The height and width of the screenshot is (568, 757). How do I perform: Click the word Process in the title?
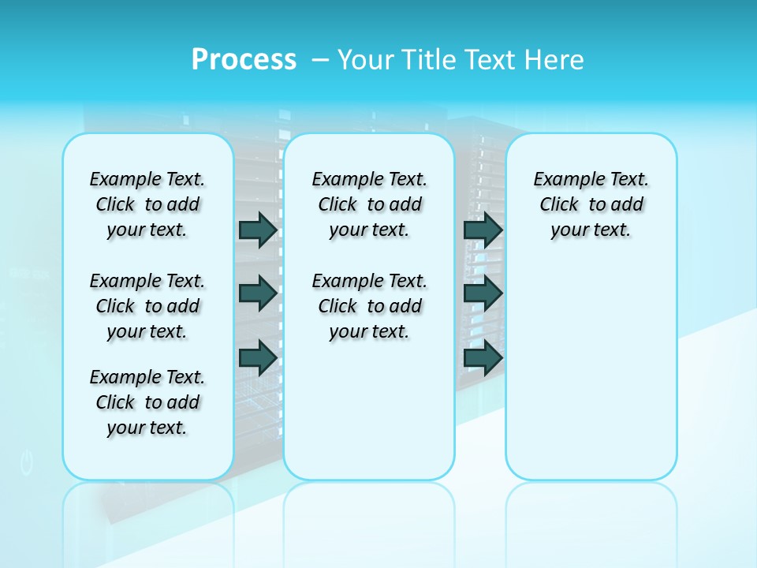244,60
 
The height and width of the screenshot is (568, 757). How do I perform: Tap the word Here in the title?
552,60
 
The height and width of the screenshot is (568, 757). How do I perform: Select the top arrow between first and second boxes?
257,230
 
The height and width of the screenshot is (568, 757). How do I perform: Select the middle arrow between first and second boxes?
257,293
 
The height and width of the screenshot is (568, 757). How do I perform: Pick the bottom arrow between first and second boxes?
257,358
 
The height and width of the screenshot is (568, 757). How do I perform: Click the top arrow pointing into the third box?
483,230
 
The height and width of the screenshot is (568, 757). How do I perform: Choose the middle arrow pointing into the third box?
483,293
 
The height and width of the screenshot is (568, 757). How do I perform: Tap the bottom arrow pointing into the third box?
483,358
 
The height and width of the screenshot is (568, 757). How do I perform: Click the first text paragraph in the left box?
147,204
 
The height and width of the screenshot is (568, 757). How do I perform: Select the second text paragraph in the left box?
147,306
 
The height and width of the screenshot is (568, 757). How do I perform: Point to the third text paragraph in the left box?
147,402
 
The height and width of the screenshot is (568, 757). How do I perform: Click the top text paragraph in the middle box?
369,204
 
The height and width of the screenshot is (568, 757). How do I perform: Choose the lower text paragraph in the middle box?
369,306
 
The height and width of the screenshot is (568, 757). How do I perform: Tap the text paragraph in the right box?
591,204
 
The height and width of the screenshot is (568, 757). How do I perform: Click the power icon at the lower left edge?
27,463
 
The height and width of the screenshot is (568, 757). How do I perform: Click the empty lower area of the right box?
591,379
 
